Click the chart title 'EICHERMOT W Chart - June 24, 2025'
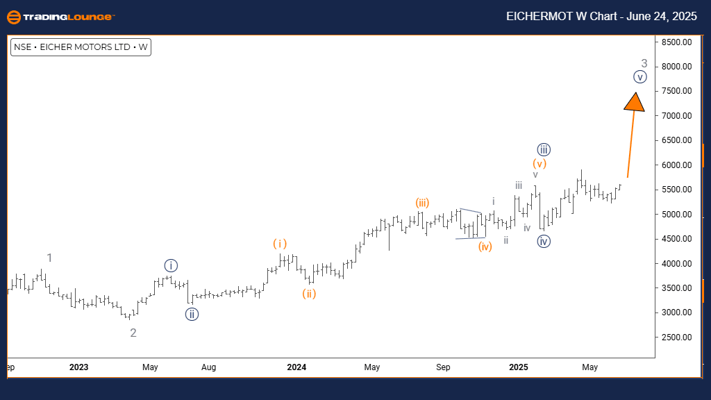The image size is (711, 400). (601, 17)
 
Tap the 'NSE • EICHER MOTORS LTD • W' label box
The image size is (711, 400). (81, 48)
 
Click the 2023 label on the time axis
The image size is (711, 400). (79, 367)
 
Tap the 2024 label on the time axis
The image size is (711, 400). (296, 367)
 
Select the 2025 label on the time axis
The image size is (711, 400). (518, 367)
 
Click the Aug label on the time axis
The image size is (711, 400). (209, 367)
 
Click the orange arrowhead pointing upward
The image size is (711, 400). (634, 102)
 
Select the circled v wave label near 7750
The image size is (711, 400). (640, 77)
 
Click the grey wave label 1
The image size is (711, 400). (49, 258)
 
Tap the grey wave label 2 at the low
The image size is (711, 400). (133, 333)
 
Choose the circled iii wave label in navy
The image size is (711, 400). (544, 149)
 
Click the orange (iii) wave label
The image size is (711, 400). (422, 203)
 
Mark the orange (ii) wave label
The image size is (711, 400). (309, 294)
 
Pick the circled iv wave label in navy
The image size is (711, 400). (544, 242)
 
